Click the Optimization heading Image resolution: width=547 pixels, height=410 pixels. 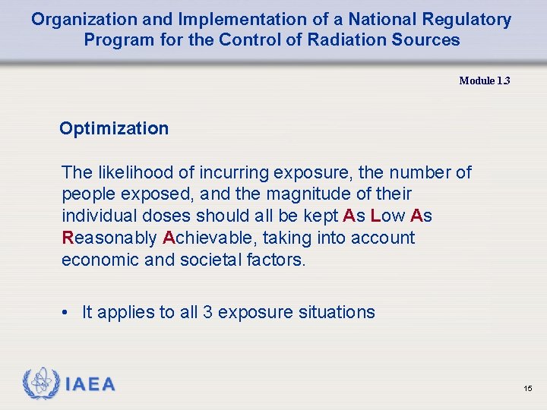114,128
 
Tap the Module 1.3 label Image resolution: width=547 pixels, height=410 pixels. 485,81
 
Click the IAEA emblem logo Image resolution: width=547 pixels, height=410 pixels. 40,384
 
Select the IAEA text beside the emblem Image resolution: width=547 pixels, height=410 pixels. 90,385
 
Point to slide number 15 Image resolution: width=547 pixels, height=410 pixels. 528,389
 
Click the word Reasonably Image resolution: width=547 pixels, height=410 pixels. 109,238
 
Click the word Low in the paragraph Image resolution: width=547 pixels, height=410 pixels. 386,216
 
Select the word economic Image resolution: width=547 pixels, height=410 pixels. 98,260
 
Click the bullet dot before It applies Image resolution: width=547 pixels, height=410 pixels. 68,312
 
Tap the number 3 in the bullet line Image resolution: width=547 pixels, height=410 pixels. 208,312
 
